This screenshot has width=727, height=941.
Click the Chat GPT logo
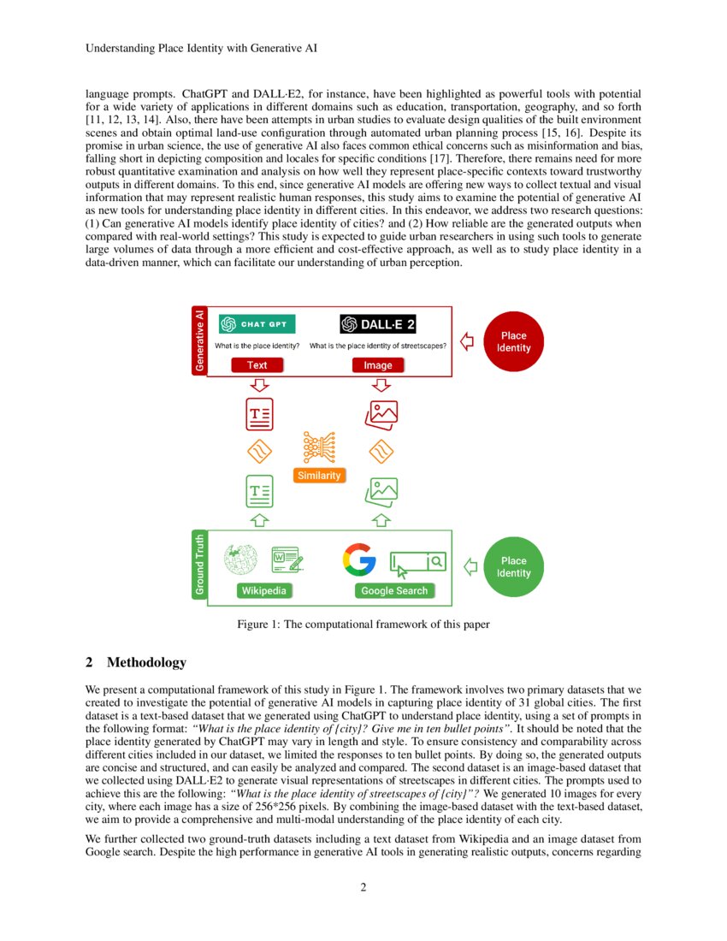(257, 324)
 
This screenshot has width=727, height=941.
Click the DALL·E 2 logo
(378, 324)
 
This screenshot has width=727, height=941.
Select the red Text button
(257, 365)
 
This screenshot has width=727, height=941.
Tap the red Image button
(378, 365)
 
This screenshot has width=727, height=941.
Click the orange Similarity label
(318, 476)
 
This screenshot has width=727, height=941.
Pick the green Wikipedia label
(263, 590)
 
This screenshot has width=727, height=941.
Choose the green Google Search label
(394, 590)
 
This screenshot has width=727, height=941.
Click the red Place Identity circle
(513, 342)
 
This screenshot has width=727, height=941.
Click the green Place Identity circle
(513, 567)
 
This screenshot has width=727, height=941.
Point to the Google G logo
(359, 560)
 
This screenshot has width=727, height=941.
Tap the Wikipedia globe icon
(240, 560)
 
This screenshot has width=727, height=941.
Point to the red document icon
(260, 414)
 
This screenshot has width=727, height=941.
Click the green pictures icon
(381, 491)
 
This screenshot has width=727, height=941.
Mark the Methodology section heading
(136, 663)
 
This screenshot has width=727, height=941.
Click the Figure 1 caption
(363, 624)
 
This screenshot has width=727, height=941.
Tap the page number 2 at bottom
(363, 887)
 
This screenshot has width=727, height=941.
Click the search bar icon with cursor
(418, 562)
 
